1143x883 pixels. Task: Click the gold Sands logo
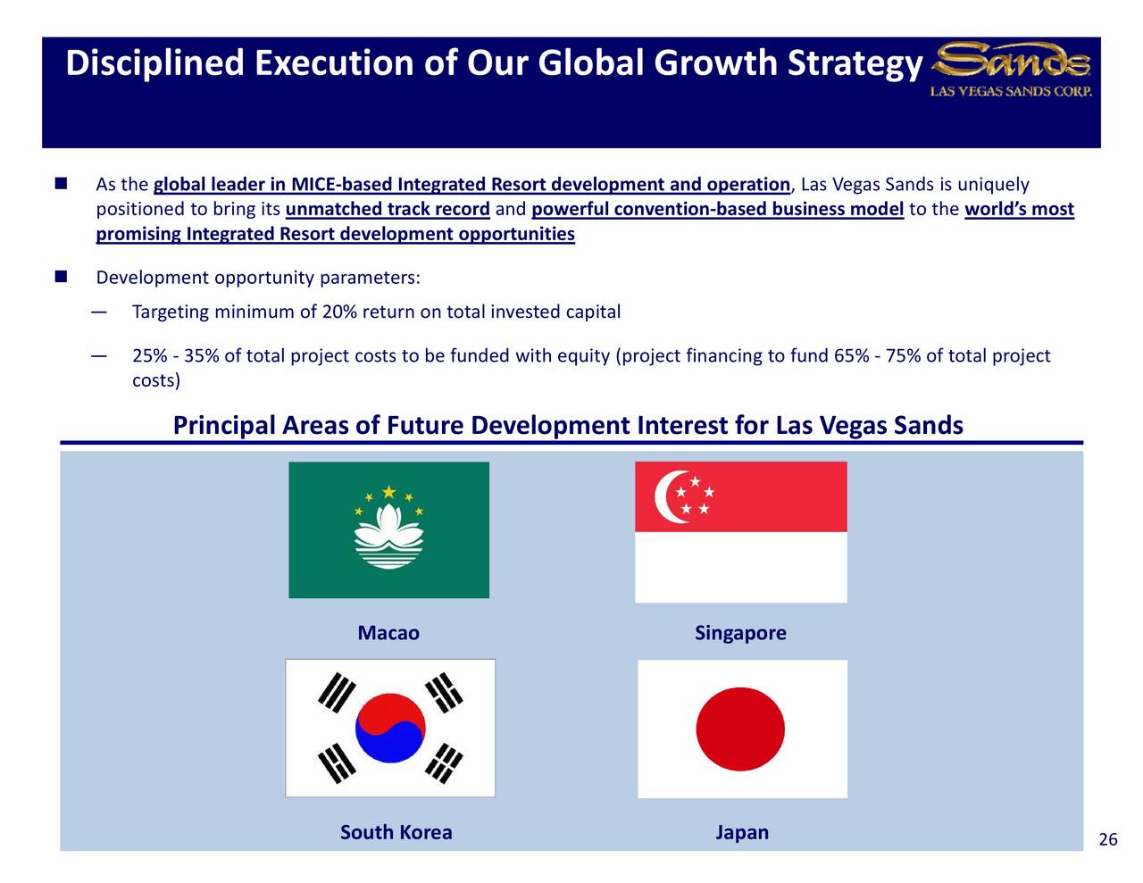1010,61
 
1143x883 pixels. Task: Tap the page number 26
1108,839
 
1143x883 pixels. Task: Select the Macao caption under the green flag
388,632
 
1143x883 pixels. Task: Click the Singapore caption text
740,633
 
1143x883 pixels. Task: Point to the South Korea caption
396,832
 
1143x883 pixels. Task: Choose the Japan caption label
742,833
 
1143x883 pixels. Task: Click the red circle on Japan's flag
740,729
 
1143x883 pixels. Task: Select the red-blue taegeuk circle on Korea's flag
390,728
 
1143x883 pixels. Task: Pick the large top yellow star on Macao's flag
388,492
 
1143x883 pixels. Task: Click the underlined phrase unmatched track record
388,209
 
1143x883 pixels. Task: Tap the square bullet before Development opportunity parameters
61,277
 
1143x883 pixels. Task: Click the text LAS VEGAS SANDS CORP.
1011,91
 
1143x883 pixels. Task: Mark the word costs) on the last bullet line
156,379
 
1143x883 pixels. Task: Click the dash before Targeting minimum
99,312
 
